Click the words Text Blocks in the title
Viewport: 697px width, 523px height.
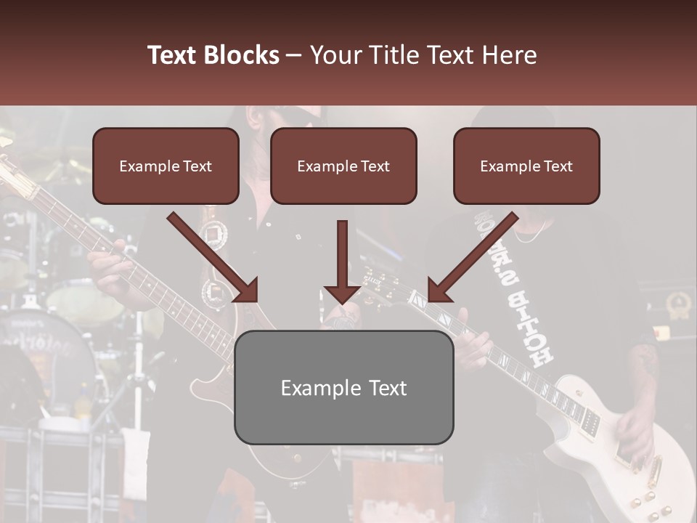pos(213,55)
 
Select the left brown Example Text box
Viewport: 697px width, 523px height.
pos(166,166)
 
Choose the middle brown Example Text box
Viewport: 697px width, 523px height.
pos(343,166)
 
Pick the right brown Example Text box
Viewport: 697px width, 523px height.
pos(526,166)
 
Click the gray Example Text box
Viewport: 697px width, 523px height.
pos(343,387)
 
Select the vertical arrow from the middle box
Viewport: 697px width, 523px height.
pos(342,261)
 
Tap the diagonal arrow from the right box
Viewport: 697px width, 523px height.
pos(473,257)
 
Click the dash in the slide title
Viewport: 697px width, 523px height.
pos(294,55)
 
